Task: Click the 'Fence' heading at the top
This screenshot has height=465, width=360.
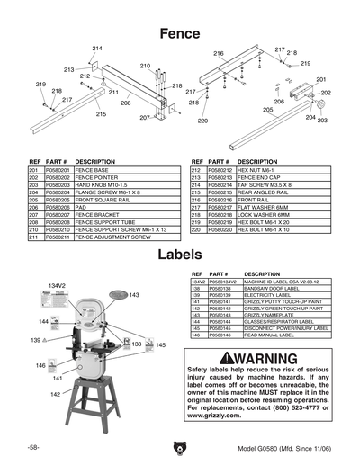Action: [179, 32]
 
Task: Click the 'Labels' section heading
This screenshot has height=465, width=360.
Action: [179, 255]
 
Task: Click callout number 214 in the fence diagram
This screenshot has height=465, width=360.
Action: [96, 48]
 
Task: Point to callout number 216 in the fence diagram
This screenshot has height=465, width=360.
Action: [218, 55]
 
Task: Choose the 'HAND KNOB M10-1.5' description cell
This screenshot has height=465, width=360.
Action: [104, 185]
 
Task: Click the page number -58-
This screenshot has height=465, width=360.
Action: [33, 447]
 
